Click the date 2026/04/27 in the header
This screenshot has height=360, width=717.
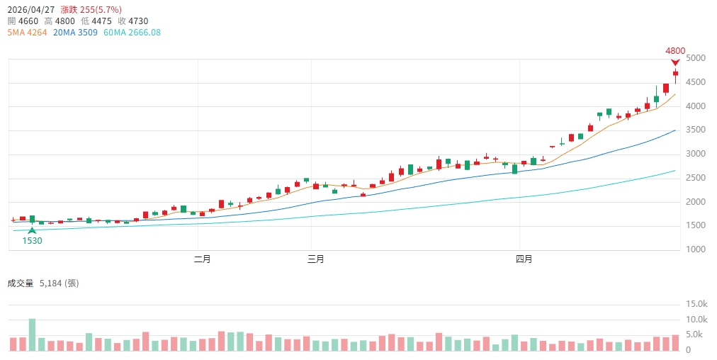(x=30, y=10)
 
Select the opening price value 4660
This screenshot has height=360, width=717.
(x=28, y=21)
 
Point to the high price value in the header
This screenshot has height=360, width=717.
(x=65, y=21)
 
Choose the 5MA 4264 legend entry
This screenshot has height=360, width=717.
(x=27, y=33)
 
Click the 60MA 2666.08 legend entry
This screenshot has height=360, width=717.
(x=132, y=33)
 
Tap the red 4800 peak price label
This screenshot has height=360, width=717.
(x=675, y=50)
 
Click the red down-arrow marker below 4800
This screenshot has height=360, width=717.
(x=675, y=62)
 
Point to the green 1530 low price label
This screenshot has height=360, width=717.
(x=32, y=241)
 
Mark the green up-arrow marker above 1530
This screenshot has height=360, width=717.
(x=32, y=230)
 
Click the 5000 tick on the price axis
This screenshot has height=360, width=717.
(x=696, y=58)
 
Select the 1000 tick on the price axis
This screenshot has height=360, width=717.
(x=696, y=249)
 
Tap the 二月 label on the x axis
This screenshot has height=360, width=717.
(x=203, y=259)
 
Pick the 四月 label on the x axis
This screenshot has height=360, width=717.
(x=524, y=259)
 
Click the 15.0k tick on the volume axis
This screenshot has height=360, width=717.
(x=697, y=304)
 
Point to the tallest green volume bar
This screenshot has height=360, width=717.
(x=32, y=334)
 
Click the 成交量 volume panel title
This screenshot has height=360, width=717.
(x=21, y=283)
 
